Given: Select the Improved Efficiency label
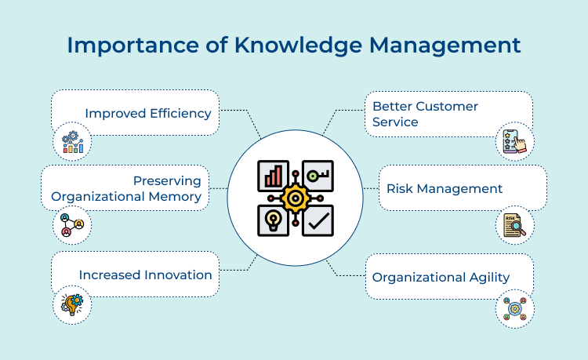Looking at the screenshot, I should (x=148, y=113).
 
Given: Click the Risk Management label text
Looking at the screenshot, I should (x=445, y=188).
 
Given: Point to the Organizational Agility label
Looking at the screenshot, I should (x=441, y=277).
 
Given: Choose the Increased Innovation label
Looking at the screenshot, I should (x=145, y=275).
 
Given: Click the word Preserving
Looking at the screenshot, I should (x=167, y=181).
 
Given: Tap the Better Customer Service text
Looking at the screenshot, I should (x=425, y=114).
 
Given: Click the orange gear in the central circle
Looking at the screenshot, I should (x=296, y=198).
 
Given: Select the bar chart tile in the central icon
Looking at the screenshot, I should (x=274, y=176).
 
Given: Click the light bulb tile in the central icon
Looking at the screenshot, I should (x=274, y=220).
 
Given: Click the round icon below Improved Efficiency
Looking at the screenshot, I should (x=72, y=143).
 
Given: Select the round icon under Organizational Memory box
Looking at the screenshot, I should (x=72, y=226).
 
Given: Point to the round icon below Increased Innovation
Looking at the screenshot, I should (x=72, y=304).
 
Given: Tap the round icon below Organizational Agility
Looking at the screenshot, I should (x=515, y=308).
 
